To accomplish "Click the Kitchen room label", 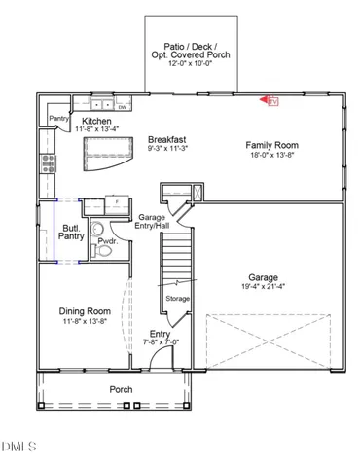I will [x=95, y=119].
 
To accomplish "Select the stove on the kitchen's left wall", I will [x=45, y=164].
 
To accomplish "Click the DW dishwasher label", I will [x=122, y=107].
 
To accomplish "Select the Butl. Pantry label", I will [x=71, y=230].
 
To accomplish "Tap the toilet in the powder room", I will [x=105, y=250].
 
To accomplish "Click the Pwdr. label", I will [x=107, y=239].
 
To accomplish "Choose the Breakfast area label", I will [x=166, y=138].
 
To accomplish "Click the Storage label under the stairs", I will [x=177, y=298].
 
